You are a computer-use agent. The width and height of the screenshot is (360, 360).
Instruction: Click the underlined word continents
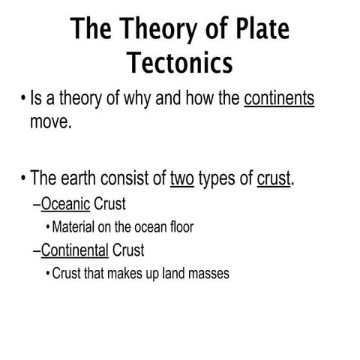click(x=279, y=100)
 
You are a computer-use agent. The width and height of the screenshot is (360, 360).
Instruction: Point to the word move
click(x=51, y=121)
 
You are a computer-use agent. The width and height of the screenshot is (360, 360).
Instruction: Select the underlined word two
click(x=182, y=178)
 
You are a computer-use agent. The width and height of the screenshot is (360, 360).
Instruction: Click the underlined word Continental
click(x=75, y=250)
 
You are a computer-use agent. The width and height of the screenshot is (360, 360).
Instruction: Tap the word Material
click(x=76, y=226)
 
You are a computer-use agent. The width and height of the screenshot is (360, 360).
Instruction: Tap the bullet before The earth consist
click(x=23, y=178)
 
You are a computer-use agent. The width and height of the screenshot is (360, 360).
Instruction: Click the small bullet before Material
click(x=48, y=227)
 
